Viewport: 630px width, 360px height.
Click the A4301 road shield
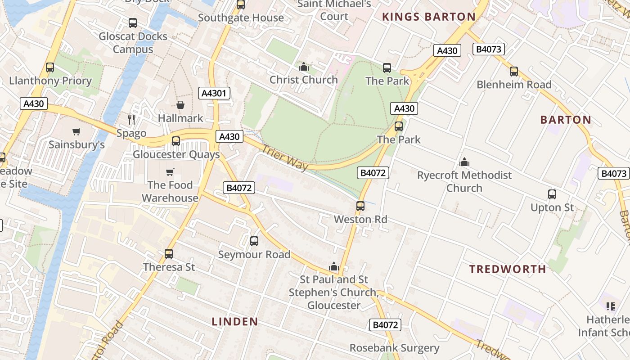click(x=214, y=93)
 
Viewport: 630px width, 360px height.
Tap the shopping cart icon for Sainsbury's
click(x=76, y=132)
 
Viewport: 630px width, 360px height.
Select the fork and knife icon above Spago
click(x=131, y=119)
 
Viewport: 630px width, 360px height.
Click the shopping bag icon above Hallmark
click(x=180, y=105)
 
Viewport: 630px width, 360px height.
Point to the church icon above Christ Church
click(x=304, y=67)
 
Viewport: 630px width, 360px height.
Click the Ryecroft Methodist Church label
click(x=464, y=181)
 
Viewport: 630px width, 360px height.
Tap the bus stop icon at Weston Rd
click(x=360, y=206)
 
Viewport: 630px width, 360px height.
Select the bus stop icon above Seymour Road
click(x=254, y=241)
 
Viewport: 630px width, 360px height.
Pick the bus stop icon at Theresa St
click(x=169, y=254)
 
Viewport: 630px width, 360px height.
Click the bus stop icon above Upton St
click(x=552, y=194)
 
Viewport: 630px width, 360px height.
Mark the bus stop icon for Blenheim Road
click(x=514, y=72)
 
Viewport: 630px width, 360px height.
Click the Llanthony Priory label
click(x=50, y=81)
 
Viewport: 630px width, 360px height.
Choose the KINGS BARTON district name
click(x=428, y=17)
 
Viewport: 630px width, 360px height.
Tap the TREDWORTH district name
click(x=508, y=269)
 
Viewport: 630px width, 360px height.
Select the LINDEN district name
click(x=235, y=321)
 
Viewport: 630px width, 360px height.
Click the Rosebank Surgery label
click(x=394, y=348)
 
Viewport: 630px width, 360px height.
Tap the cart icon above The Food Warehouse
click(x=170, y=172)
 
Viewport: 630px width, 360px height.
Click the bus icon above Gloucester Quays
click(x=176, y=141)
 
